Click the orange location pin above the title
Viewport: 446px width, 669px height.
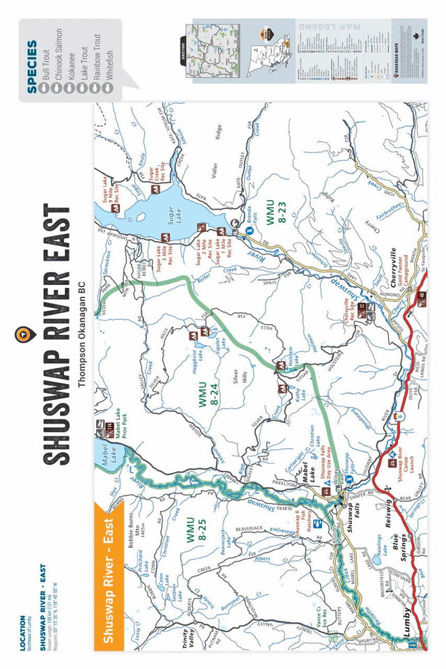(23, 334)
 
